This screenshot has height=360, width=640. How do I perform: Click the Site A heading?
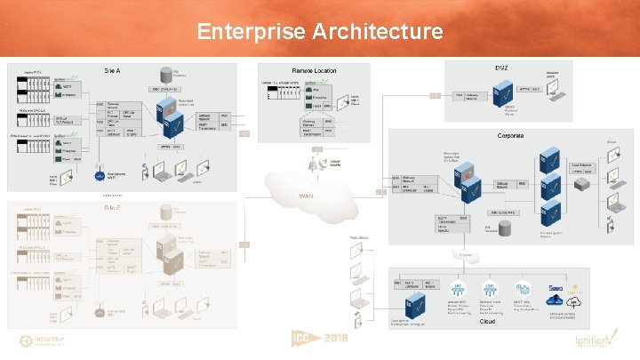coord(113,70)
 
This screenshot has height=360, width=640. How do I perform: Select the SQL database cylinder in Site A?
coord(164,74)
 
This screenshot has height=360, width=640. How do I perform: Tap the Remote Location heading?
coord(314,70)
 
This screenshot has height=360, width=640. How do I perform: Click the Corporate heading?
coord(510,135)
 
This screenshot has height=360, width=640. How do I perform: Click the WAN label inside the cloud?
coord(308,196)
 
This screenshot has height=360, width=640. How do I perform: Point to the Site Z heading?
coord(113,207)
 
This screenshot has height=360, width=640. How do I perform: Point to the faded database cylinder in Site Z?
coord(164,212)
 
